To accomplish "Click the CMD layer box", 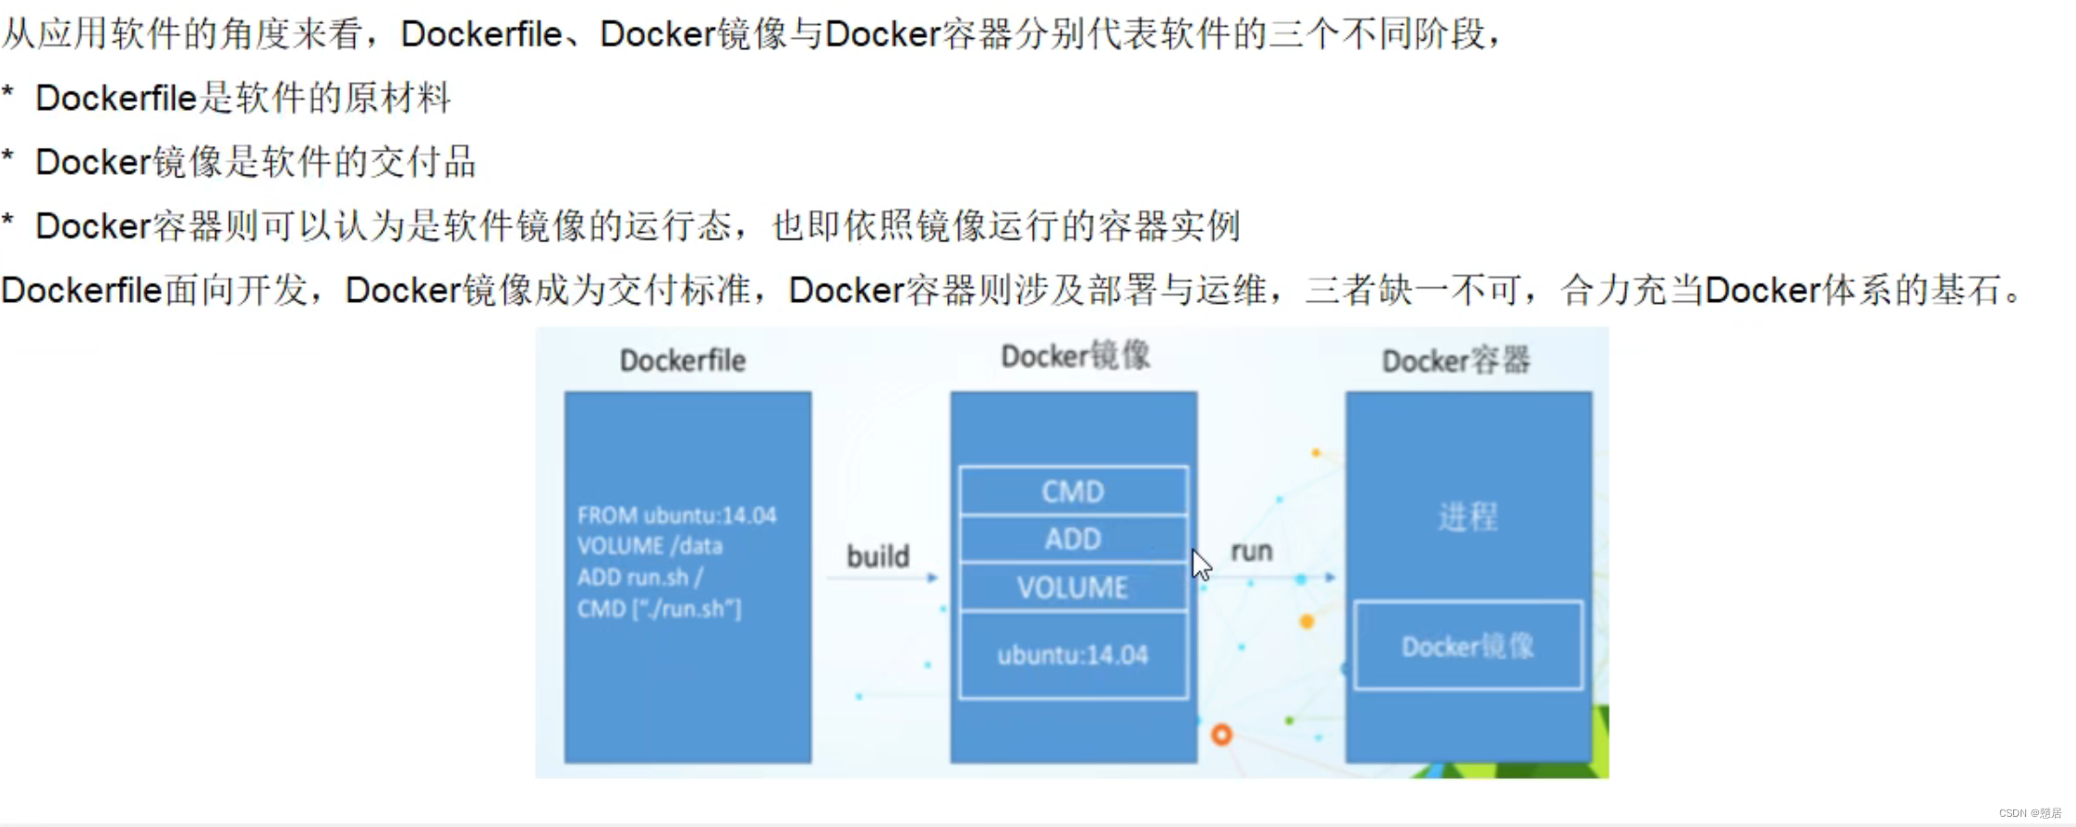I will (x=1073, y=492).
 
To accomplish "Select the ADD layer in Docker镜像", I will (x=1073, y=539).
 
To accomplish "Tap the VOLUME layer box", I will (x=1073, y=588).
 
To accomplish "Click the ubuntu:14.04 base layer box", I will (x=1073, y=655).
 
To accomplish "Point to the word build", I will (x=878, y=556).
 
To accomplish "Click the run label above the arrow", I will (x=1252, y=552).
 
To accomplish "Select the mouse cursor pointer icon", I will (x=1200, y=564).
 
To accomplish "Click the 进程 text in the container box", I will (x=1467, y=517).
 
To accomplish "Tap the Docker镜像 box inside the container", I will (x=1467, y=646).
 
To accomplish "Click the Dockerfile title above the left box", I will (x=683, y=360).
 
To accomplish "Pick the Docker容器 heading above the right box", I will (x=1456, y=360).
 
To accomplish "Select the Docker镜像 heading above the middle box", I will (x=1075, y=356).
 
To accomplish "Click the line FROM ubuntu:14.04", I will (x=676, y=516).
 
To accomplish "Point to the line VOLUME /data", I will (x=650, y=546).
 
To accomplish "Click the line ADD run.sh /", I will (x=639, y=578).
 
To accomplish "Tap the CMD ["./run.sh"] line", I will (x=659, y=609).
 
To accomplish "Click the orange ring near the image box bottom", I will (x=1221, y=735).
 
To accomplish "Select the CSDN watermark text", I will (x=2030, y=813).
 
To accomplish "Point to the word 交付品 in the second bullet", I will (x=422, y=162).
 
